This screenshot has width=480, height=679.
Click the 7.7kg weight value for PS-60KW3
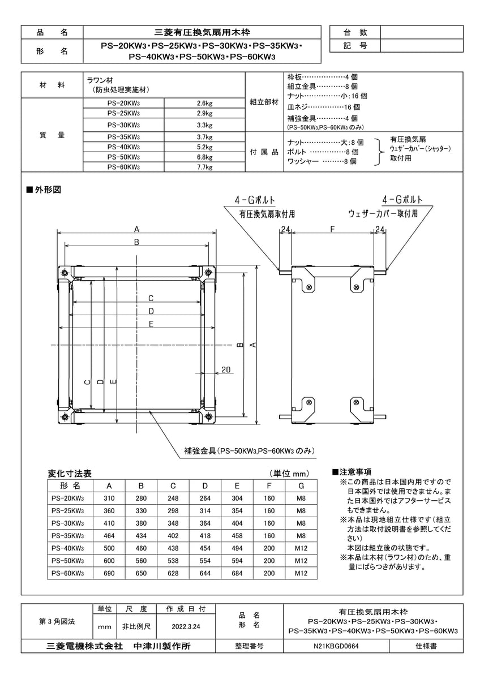(204, 167)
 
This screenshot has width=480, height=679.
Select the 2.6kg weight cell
(204, 103)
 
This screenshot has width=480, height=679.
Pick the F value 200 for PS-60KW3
(269, 573)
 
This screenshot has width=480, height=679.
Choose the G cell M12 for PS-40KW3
(301, 548)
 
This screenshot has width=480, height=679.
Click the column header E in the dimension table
(237, 486)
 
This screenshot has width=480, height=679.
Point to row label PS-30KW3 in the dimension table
(67, 523)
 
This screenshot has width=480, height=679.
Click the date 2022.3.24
(186, 627)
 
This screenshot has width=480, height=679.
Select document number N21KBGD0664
(336, 646)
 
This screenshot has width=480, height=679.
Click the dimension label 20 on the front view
(226, 369)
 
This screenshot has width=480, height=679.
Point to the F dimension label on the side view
(333, 230)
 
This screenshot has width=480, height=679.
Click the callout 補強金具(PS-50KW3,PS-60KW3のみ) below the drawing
(249, 451)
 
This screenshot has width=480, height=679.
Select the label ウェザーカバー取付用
(383, 214)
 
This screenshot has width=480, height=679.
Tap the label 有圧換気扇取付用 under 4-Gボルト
(267, 214)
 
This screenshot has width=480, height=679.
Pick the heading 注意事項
(355, 472)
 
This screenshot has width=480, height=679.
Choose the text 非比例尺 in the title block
(136, 627)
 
